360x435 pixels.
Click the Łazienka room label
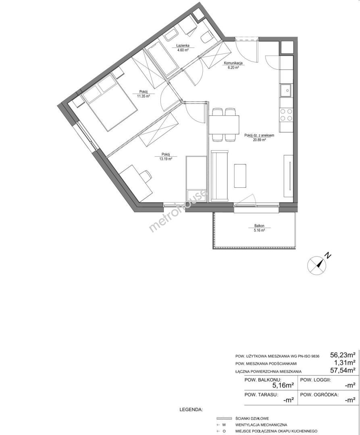pyautogui.click(x=183, y=46)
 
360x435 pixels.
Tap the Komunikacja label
pyautogui.click(x=233, y=63)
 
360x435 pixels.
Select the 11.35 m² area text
pyautogui.click(x=144, y=96)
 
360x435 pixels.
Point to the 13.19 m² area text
pyautogui.click(x=166, y=159)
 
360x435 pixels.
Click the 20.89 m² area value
pyautogui.click(x=259, y=140)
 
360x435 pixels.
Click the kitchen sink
pyautogui.click(x=286, y=90)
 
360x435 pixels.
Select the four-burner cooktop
pyautogui.click(x=286, y=115)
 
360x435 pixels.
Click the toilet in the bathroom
pyautogui.click(x=206, y=38)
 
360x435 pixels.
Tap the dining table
pyautogui.click(x=224, y=124)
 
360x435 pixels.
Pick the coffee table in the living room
pyautogui.click(x=240, y=176)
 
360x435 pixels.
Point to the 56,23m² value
pyautogui.click(x=343, y=355)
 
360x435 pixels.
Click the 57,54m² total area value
pyautogui.click(x=343, y=370)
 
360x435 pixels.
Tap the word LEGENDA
pyautogui.click(x=191, y=410)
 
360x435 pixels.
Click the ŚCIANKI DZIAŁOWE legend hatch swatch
pyautogui.click(x=224, y=418)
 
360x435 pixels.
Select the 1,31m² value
pyautogui.click(x=345, y=362)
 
